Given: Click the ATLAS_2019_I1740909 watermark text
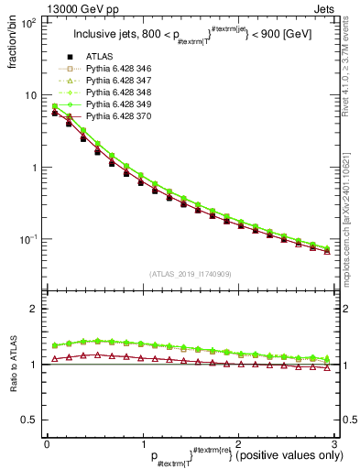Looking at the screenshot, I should point(191,274).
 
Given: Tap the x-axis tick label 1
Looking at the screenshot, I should point(143,442).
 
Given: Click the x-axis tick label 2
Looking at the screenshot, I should point(239,442).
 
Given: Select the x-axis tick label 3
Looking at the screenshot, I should point(334,442).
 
